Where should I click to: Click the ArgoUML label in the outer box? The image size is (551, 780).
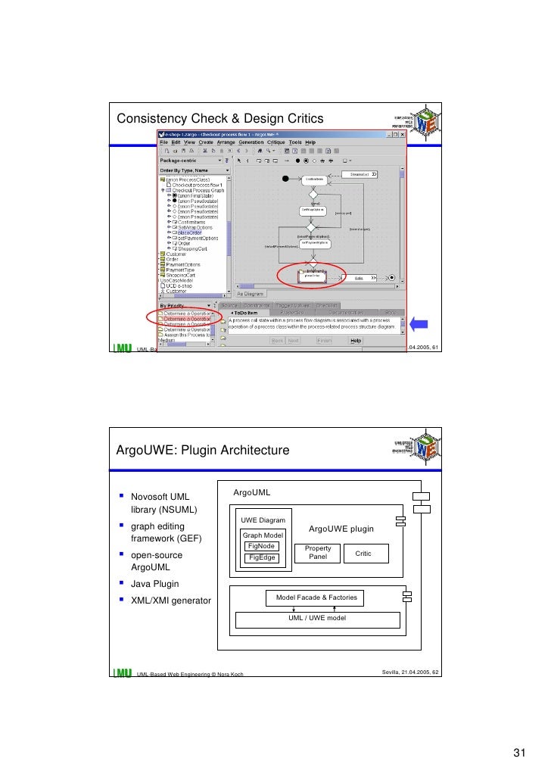coord(251,493)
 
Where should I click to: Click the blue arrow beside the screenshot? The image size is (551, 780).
coord(419,323)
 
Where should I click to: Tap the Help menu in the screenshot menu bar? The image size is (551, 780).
coord(310,142)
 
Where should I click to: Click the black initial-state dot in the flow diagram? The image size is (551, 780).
coord(285,179)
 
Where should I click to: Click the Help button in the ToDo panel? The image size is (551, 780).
coord(355,341)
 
